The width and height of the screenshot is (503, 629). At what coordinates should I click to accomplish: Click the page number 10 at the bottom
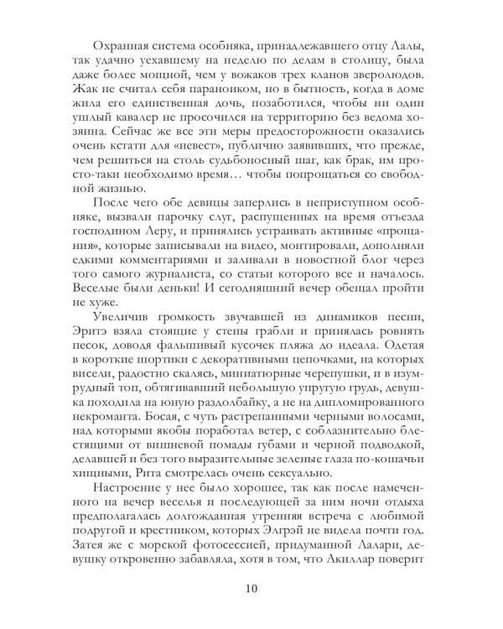pos(251,587)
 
